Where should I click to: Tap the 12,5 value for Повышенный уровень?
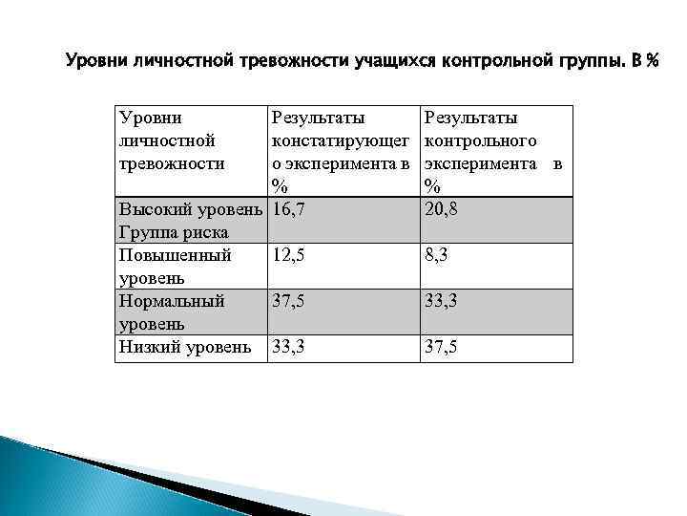click(289, 255)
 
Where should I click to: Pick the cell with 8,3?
click(437, 255)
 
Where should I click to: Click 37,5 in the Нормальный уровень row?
click(289, 301)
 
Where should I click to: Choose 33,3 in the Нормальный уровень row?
click(442, 301)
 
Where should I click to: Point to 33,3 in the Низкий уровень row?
click(289, 347)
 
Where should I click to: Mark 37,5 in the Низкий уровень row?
click(442, 347)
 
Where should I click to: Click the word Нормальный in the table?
click(172, 301)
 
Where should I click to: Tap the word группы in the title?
click(592, 62)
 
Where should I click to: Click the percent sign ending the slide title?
click(652, 62)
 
